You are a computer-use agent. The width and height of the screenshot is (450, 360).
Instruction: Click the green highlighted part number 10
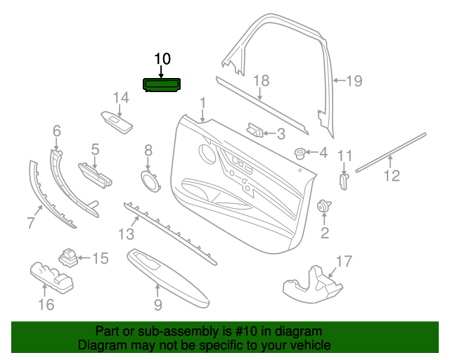[162, 85]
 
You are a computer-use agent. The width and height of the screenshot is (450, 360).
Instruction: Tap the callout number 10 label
[162, 58]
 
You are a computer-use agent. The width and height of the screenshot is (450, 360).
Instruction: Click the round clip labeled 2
[325, 206]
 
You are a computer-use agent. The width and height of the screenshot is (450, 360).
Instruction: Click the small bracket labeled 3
[255, 130]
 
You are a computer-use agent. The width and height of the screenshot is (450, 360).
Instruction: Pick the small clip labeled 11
[344, 180]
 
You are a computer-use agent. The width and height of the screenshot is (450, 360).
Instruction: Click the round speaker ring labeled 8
[149, 181]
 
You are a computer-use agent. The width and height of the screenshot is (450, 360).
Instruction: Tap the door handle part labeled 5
[94, 174]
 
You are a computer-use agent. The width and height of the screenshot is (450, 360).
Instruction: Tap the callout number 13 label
[124, 233]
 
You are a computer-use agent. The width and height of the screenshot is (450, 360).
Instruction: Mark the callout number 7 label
[30, 224]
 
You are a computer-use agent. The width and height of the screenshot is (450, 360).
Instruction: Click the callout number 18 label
[261, 81]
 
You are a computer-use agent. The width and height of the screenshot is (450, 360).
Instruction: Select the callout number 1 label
[202, 104]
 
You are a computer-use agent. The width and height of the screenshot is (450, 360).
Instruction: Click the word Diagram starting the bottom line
[102, 345]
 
